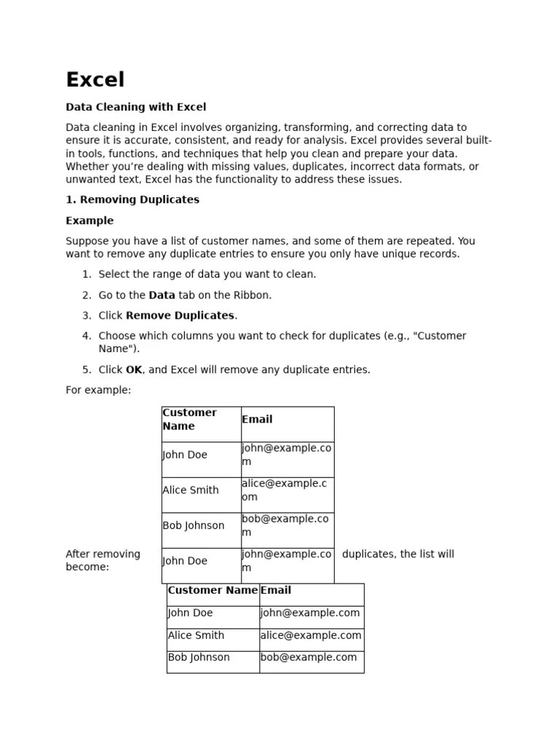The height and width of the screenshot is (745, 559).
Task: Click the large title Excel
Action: point(95,80)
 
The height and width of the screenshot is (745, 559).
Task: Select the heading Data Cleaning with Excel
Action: point(136,107)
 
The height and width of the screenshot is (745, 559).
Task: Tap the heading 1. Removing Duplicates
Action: point(132,199)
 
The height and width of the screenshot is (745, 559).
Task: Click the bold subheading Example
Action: point(90,220)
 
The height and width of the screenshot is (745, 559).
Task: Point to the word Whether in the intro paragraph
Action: point(86,167)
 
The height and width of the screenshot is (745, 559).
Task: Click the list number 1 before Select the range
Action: point(86,274)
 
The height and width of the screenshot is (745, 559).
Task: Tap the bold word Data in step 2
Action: point(162,295)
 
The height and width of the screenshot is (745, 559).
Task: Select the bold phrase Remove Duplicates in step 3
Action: point(180,316)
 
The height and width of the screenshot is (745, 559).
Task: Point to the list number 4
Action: point(86,336)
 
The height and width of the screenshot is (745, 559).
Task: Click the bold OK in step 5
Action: point(134,370)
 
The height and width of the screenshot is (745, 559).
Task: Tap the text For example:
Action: point(98,390)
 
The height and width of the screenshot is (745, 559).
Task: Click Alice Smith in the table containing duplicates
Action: point(191,490)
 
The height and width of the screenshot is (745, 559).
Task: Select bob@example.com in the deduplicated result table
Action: point(309,658)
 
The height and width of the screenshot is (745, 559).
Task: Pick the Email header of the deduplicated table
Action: point(276,591)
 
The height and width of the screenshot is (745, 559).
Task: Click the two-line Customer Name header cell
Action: point(190,420)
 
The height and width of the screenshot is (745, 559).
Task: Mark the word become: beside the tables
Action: point(87,567)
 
